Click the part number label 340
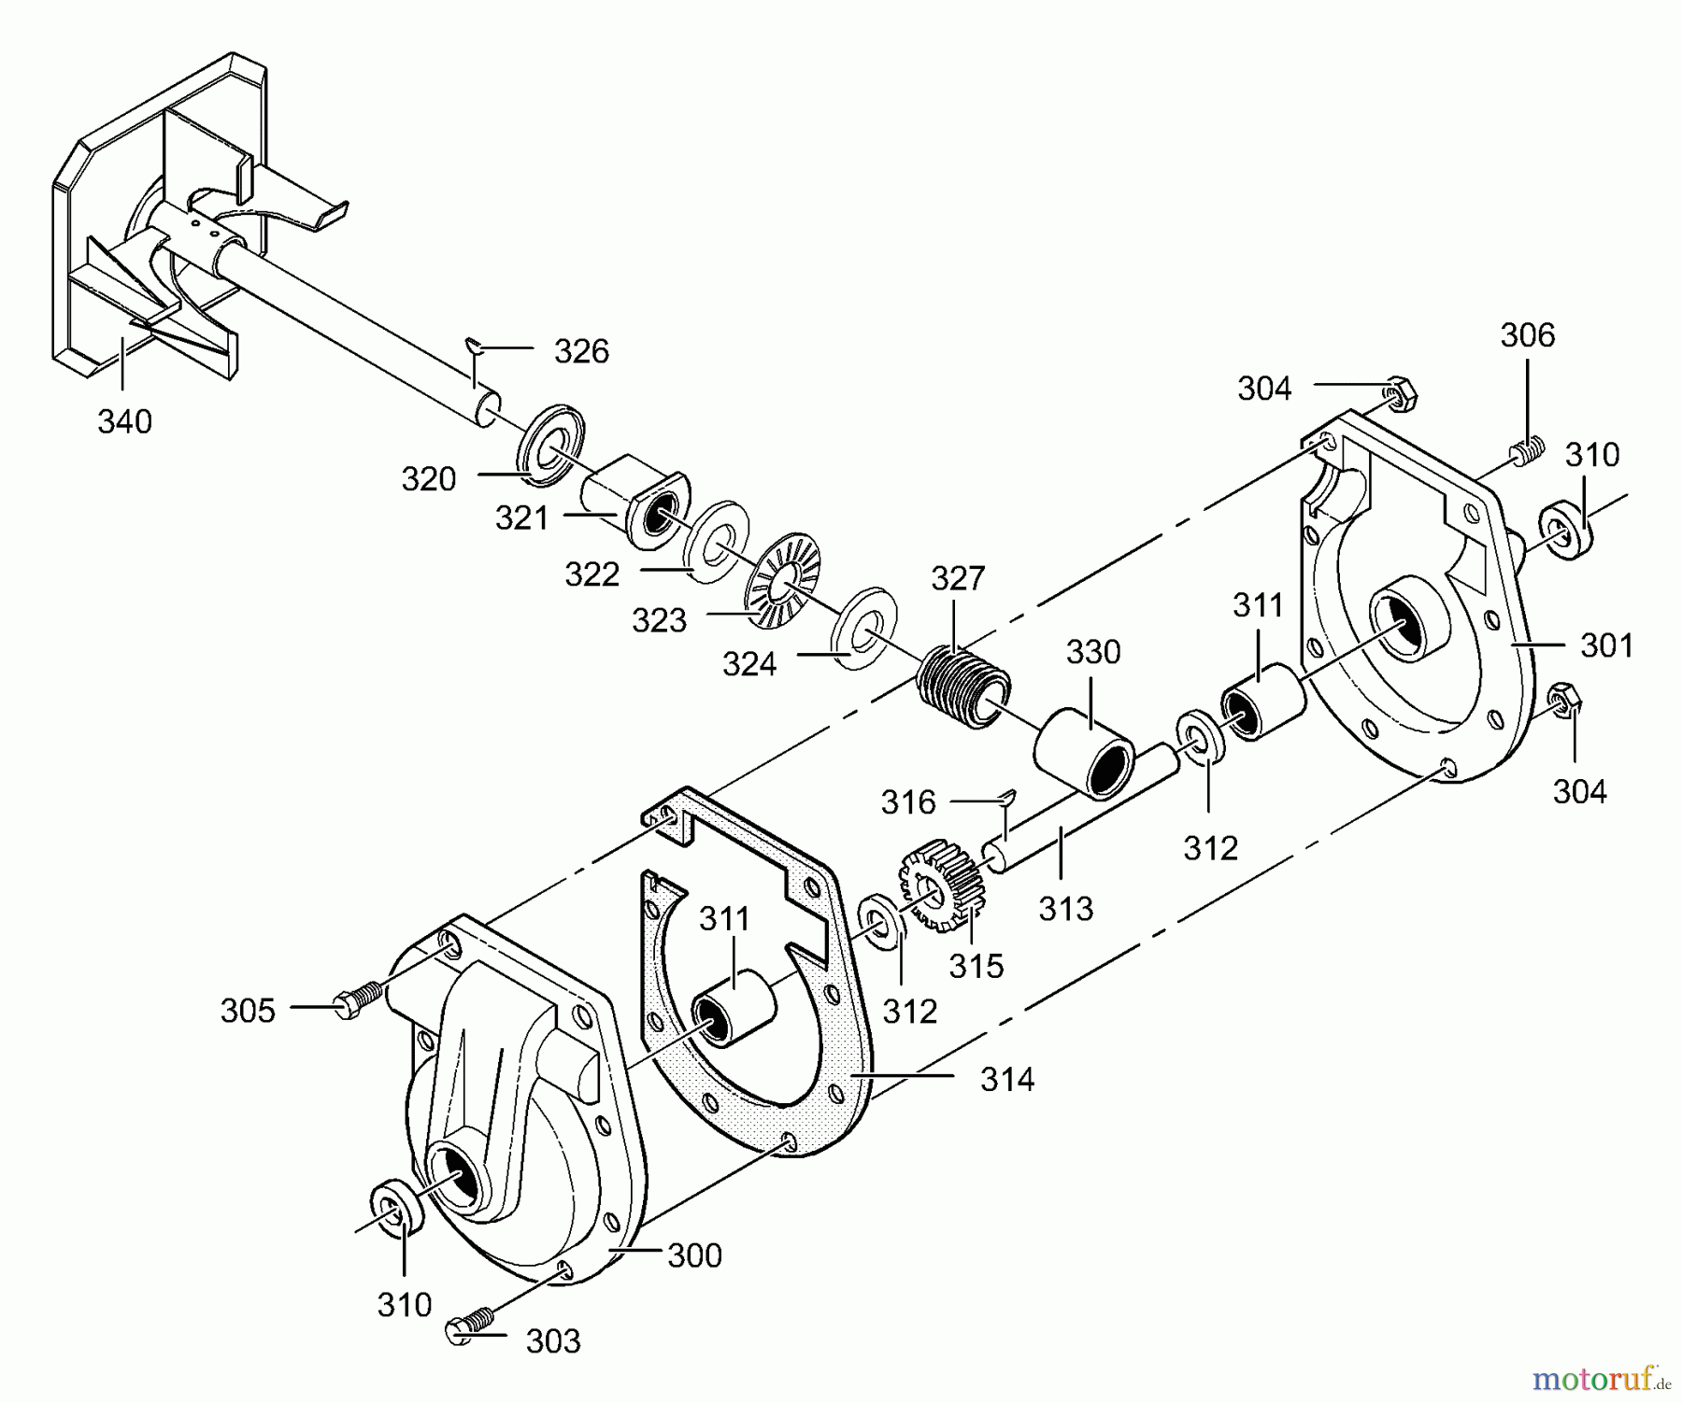(x=124, y=422)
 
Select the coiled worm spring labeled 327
(x=963, y=688)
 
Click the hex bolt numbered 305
(x=358, y=999)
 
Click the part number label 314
(x=1007, y=1080)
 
